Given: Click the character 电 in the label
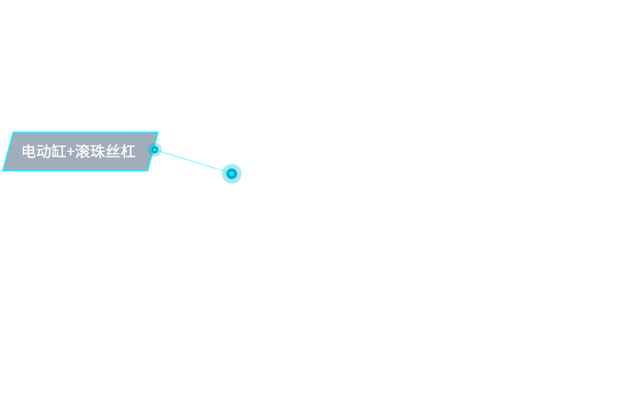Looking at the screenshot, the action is (29, 152).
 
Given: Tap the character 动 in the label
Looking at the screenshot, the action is (44, 152).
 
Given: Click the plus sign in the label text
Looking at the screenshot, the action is (70, 152).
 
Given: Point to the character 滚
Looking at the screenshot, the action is (82, 152).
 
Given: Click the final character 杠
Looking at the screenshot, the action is (128, 152).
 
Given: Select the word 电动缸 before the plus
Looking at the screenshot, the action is (44, 152).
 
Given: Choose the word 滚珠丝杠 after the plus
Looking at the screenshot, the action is (105, 152).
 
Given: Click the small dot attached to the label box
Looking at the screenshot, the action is (154, 150).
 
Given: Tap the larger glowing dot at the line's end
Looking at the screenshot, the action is (232, 174).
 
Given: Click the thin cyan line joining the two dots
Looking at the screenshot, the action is (193, 162).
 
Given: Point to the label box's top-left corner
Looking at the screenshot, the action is (13, 132).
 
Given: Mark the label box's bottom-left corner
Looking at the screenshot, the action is (3, 171).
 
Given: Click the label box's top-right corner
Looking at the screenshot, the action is (158, 132).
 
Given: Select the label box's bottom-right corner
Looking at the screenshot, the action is (148, 171).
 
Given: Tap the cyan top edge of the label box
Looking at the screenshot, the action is (85, 132).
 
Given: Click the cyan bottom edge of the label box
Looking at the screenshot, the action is (75, 171).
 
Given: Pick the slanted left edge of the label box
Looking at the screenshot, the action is (8, 152).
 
